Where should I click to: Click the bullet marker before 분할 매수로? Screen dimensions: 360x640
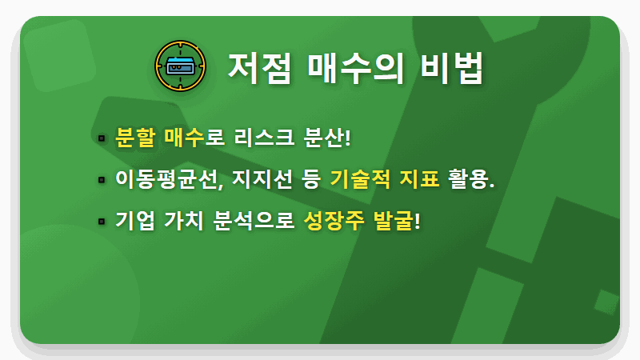click(102, 138)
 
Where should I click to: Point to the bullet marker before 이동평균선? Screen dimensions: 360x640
click(102, 180)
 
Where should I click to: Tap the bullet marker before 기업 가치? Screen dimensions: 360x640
click(102, 221)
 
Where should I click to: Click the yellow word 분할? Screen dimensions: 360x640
click(134, 138)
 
